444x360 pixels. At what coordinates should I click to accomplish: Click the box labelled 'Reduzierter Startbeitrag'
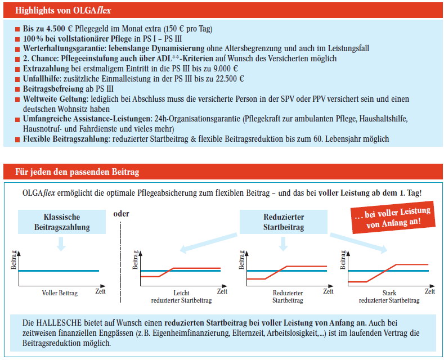click(283, 222)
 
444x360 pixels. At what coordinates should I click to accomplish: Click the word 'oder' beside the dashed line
click(120, 213)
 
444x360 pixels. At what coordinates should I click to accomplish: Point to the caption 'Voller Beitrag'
click(60, 293)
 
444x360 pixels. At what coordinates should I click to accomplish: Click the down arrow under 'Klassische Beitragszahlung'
click(61, 244)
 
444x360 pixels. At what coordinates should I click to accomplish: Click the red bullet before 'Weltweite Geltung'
click(19, 99)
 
